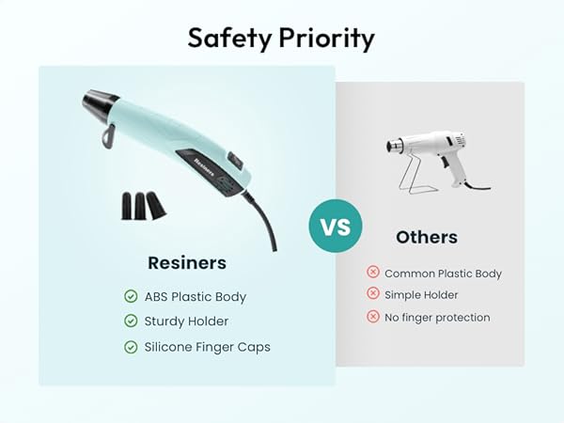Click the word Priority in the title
click(325, 39)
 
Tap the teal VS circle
click(335, 227)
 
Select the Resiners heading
click(187, 262)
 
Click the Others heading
click(427, 237)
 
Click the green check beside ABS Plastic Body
click(131, 296)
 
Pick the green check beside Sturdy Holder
click(131, 321)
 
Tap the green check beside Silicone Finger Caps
click(131, 347)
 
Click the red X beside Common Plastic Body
click(373, 273)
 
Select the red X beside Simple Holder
click(373, 295)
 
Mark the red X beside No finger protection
click(373, 317)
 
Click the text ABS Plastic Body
click(195, 296)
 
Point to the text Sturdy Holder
click(186, 321)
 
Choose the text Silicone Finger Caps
click(207, 347)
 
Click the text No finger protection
click(437, 318)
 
